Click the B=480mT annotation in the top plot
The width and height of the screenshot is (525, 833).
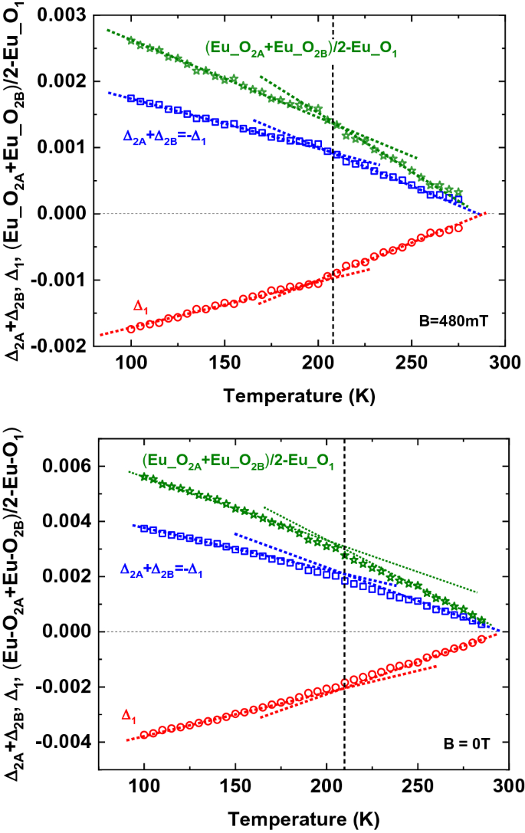458,322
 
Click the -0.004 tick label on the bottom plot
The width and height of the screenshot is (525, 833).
74,742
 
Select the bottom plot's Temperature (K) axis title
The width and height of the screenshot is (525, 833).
301,819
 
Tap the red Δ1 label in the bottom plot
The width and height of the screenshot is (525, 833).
130,715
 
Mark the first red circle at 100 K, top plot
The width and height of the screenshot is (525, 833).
131,328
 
